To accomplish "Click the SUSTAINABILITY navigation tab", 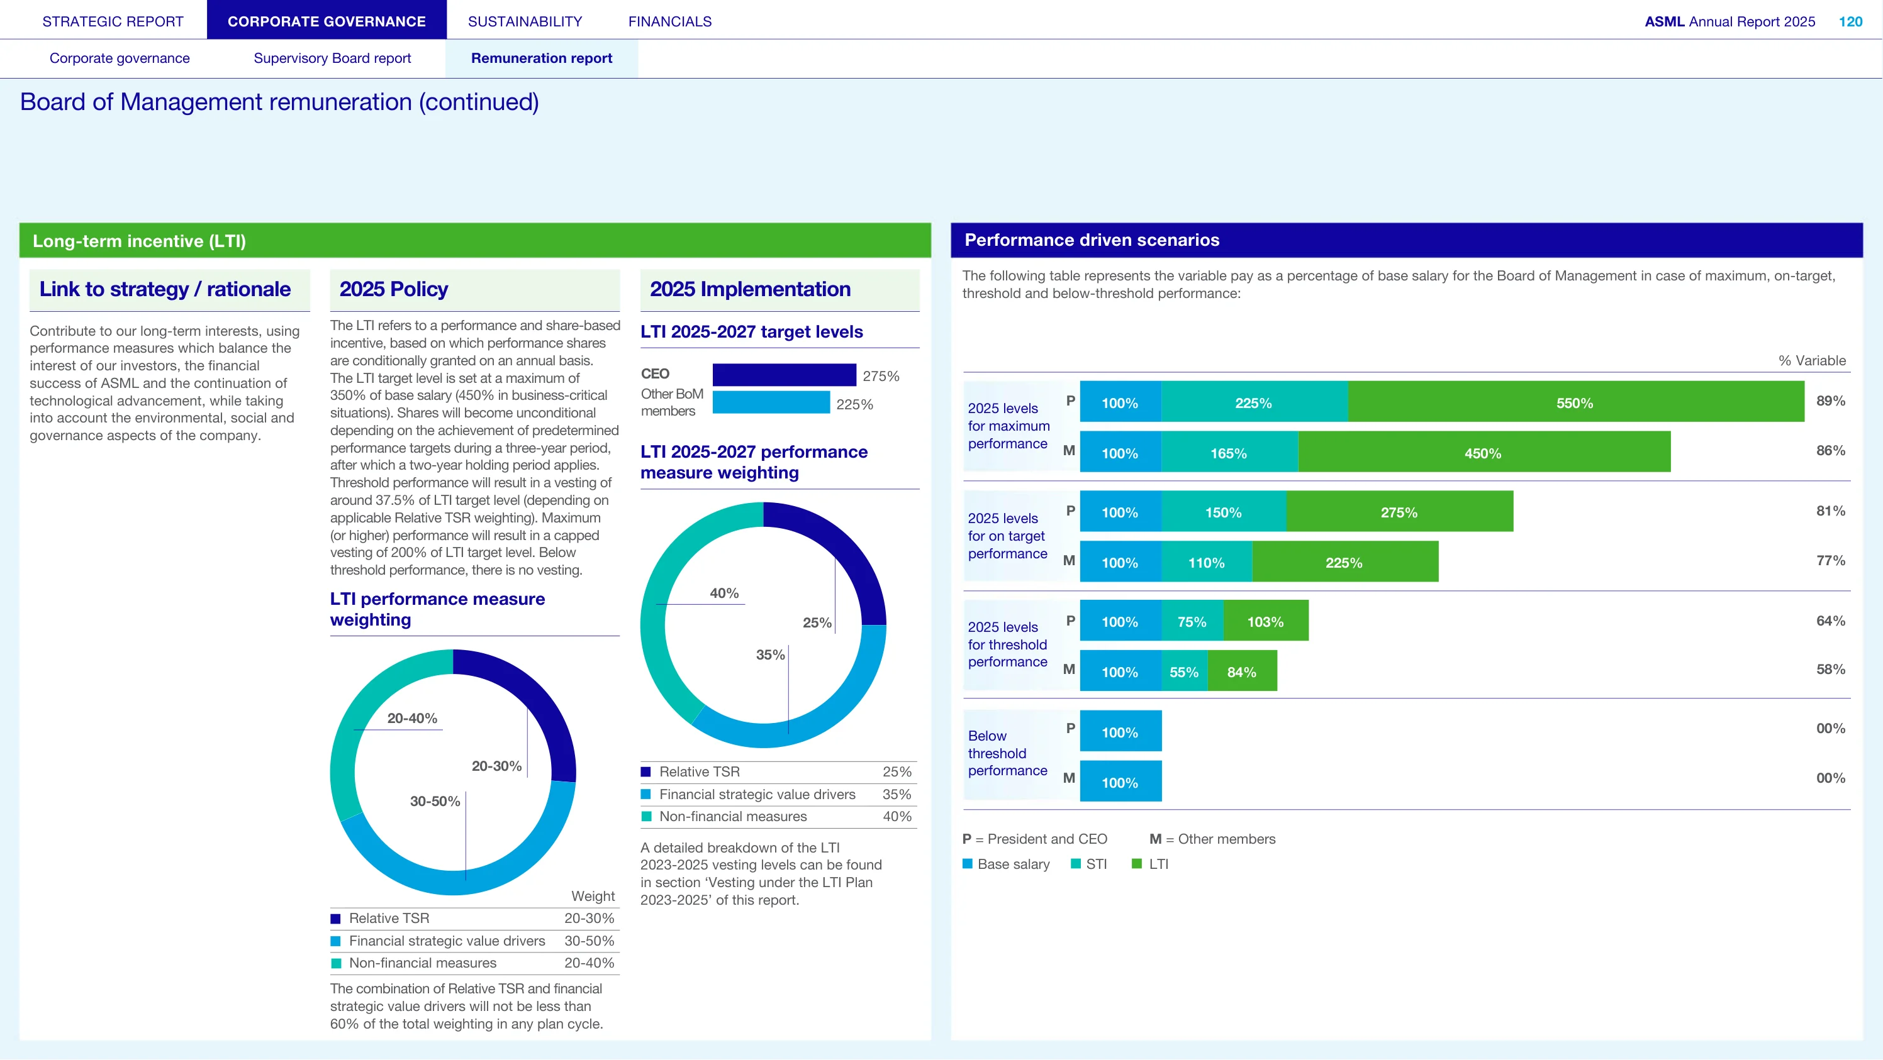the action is point(525,21).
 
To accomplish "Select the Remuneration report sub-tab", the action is point(542,58).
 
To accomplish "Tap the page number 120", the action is point(1850,21).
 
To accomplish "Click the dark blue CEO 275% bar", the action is point(785,375).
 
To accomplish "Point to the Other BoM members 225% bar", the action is point(771,402).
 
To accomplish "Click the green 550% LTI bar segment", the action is point(1576,402).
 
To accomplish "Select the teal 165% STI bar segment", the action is point(1229,452).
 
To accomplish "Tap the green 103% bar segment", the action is point(1266,621).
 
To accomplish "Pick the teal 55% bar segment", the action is point(1184,671).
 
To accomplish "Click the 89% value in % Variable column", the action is point(1830,400).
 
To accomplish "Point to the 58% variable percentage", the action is point(1830,669).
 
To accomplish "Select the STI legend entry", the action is point(1088,863).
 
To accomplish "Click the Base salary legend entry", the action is point(1006,863).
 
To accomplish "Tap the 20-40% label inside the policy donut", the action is point(412,718).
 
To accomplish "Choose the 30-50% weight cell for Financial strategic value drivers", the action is point(589,940).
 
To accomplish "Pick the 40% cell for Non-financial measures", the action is point(897,816).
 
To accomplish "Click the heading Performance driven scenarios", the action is point(1092,240).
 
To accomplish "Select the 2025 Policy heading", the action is point(393,289).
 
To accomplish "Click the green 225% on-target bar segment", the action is point(1345,562).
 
